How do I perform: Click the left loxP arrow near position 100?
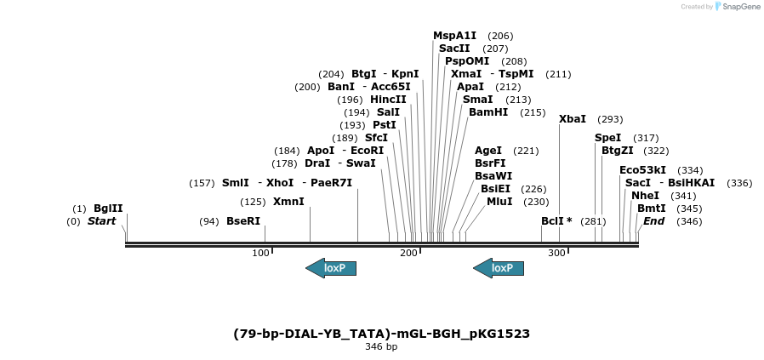point(331,268)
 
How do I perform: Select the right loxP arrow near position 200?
point(499,268)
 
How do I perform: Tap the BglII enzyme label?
point(108,208)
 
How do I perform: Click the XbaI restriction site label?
point(573,119)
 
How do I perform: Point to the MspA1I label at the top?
point(455,36)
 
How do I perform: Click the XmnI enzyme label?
point(288,202)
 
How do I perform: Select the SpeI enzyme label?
point(607,138)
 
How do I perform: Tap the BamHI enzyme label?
point(488,112)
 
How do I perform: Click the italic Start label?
point(101,221)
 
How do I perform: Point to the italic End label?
point(653,221)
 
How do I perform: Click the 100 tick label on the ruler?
point(260,254)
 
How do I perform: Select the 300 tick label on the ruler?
point(556,254)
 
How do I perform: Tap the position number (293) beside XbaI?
point(611,119)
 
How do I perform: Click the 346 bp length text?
point(381,347)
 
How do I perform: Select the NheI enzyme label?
point(645,195)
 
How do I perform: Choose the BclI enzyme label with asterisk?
point(556,221)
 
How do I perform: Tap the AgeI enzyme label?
point(488,151)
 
